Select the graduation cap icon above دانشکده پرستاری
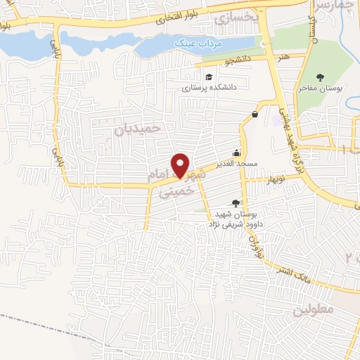coord(208,77)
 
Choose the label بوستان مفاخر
coord(321,89)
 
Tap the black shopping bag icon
coord(255,114)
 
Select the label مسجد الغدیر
coord(238,164)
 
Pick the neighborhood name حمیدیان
coord(138,129)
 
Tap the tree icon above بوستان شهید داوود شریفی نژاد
coord(235,202)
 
